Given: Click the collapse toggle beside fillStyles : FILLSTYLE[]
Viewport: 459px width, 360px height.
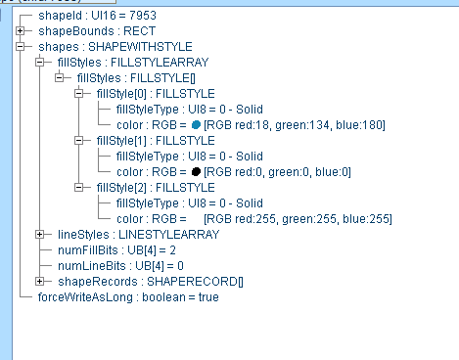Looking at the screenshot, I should pos(60,78).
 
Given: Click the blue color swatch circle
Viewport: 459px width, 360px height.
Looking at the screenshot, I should pos(197,125).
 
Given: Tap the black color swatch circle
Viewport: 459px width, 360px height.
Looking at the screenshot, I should pos(197,172).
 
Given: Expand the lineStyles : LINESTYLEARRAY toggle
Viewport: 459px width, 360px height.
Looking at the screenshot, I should pos(40,235).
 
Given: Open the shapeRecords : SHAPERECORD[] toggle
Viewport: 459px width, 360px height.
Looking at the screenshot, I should pos(40,282).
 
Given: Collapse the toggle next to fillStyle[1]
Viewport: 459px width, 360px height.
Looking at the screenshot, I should pos(79,141).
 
